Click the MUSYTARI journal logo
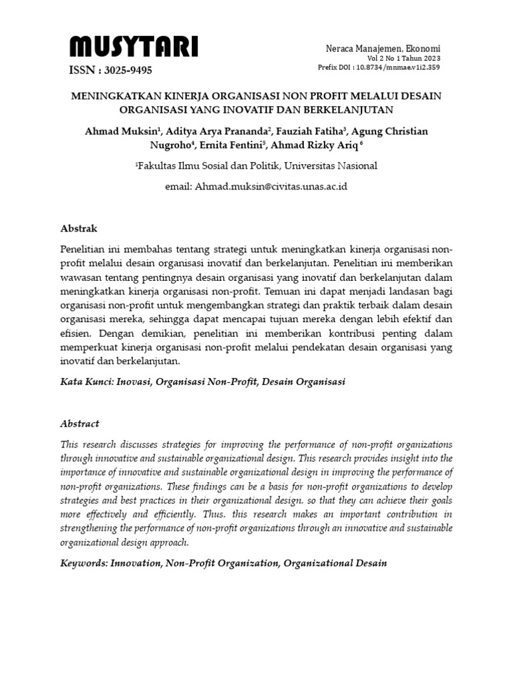(x=134, y=48)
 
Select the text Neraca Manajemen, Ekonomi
(x=383, y=49)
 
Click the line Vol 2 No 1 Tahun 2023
(x=404, y=59)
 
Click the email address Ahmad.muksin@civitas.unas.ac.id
(x=271, y=187)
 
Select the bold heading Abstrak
(x=79, y=229)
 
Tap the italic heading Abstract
(x=79, y=424)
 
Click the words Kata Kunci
(x=88, y=383)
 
